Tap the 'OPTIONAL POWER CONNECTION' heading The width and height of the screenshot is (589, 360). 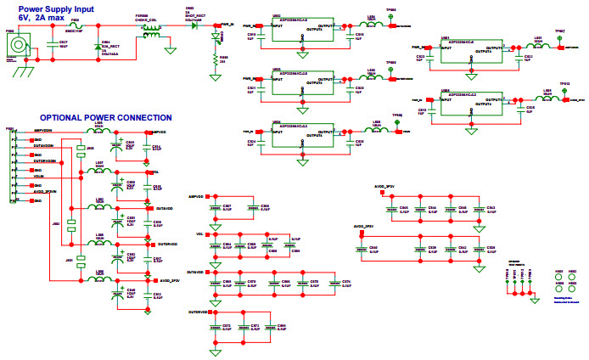(x=106, y=118)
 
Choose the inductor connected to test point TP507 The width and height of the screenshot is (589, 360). (x=537, y=47)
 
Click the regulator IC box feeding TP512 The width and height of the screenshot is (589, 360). (x=470, y=101)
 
